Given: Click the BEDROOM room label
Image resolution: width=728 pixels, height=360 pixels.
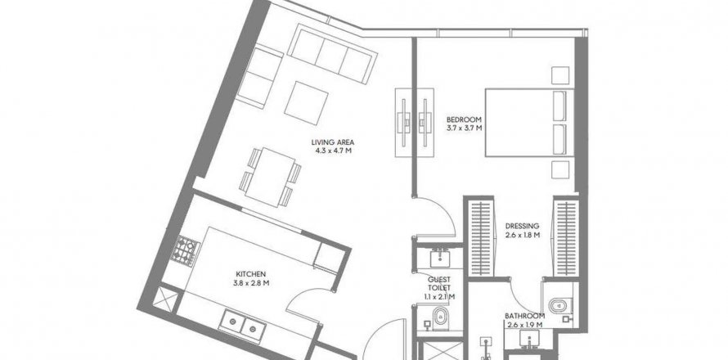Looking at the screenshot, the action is [464, 119].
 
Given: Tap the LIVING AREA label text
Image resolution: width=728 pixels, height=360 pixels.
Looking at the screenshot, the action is [332, 142].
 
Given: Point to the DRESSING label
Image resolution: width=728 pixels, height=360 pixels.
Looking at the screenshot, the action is [523, 226].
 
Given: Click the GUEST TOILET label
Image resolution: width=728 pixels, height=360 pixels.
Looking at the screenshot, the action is [438, 283].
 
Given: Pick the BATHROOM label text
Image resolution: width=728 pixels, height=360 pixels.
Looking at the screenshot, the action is [524, 316].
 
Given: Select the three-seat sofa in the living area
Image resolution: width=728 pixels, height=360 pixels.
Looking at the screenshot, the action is [332, 54].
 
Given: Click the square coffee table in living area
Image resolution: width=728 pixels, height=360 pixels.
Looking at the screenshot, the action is [306, 102].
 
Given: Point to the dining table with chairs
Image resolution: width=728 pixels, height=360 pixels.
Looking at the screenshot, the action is [270, 177].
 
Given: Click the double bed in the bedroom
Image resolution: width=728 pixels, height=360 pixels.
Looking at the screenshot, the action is [529, 122].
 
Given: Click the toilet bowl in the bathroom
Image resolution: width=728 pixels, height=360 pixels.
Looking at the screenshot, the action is [559, 306].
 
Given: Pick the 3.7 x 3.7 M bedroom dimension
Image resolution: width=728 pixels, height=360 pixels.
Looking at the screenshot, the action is [464, 128].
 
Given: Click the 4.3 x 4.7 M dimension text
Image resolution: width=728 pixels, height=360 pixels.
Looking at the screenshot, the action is [332, 151].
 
